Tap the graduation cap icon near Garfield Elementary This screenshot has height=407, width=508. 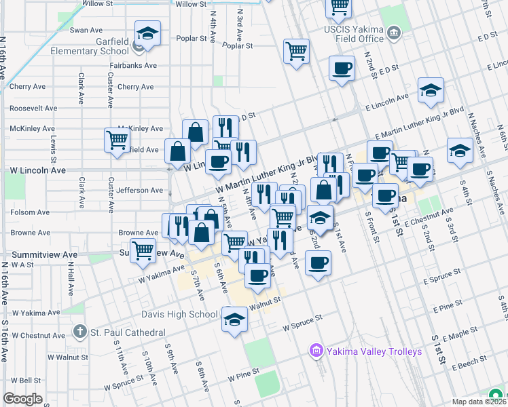coord(147,34)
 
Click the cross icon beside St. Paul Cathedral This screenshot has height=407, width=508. coord(80,332)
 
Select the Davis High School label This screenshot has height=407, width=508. coord(179,314)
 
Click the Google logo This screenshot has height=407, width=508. coord(23,399)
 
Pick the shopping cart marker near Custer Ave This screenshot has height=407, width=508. coord(117,140)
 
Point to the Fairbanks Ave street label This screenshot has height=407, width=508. coord(134,66)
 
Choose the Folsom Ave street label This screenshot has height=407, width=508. coord(30,212)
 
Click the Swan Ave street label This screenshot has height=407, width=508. coord(86,30)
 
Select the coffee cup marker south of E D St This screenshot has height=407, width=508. coord(342,68)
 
